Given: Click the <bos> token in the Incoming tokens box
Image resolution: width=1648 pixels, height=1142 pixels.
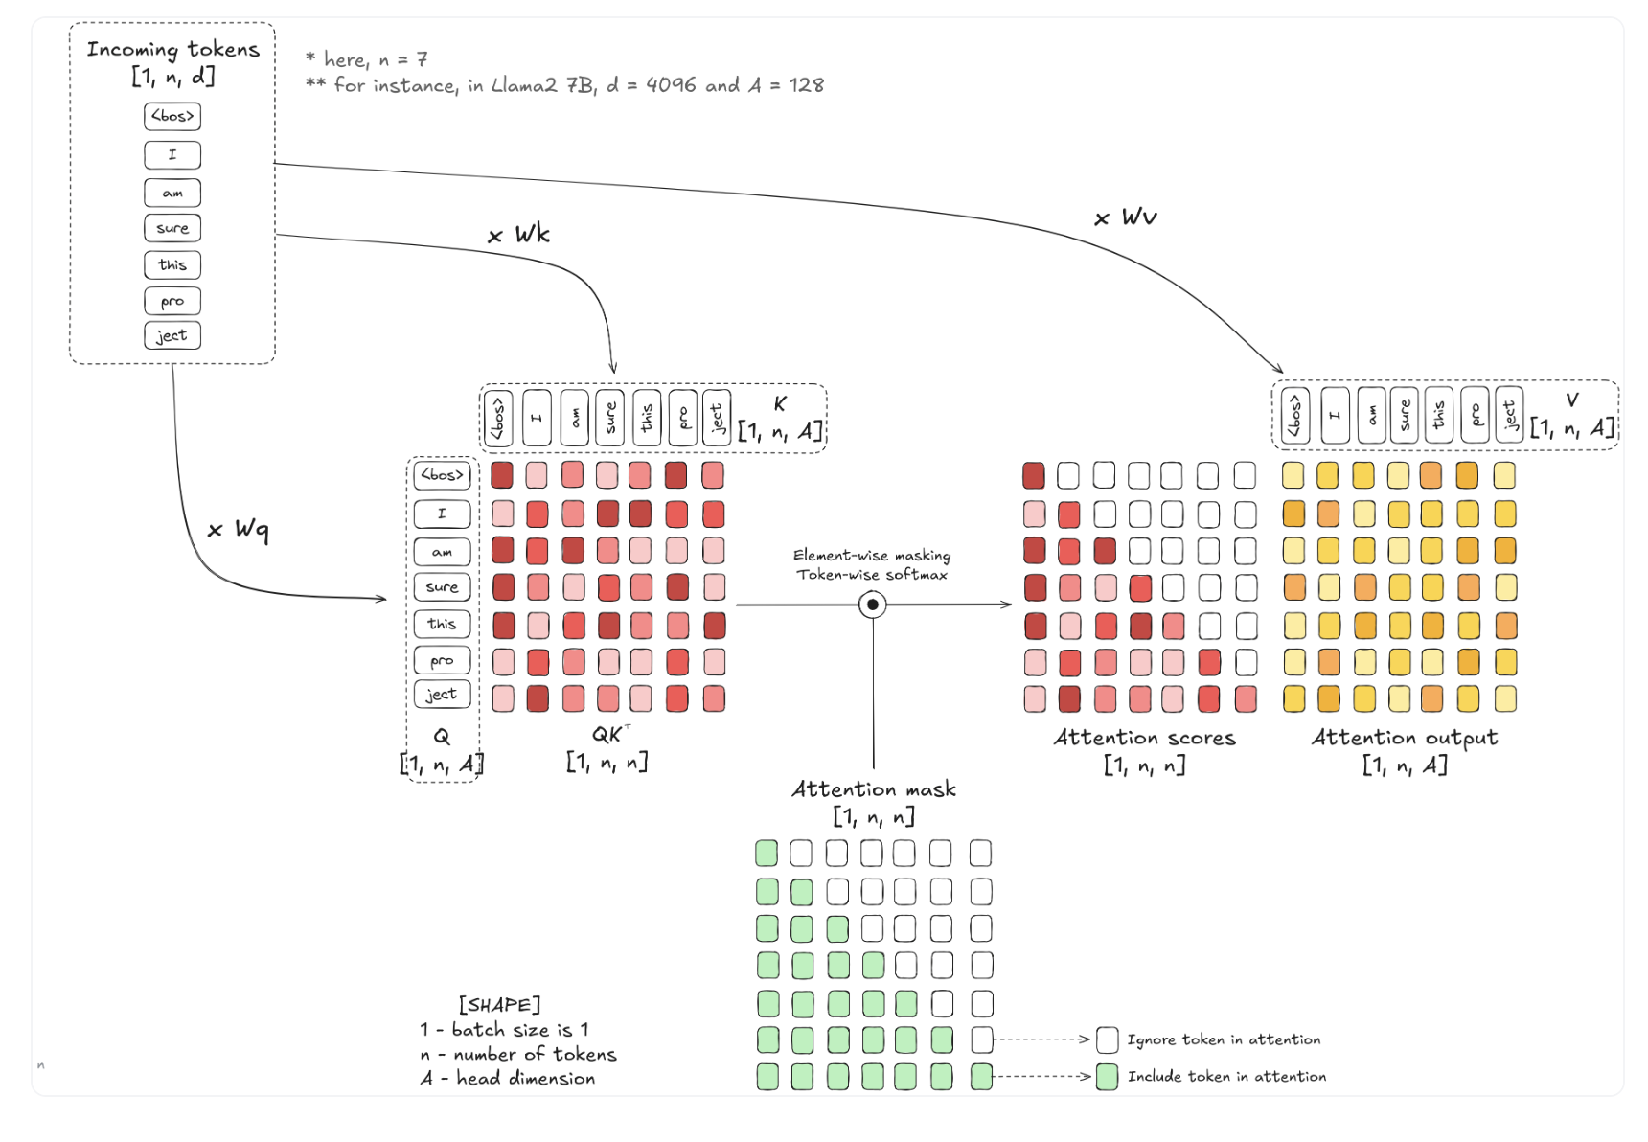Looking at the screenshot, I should [x=172, y=116].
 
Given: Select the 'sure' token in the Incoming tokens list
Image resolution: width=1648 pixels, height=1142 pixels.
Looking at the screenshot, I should [x=172, y=228].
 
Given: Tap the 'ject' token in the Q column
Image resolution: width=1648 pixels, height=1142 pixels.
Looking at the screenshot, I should [x=442, y=695].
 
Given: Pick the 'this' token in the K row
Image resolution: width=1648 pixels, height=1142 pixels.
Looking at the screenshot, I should [x=647, y=418].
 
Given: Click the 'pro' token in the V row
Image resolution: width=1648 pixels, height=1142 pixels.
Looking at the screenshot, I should [x=1476, y=416].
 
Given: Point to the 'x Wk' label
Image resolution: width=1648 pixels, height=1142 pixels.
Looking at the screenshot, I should [x=518, y=234].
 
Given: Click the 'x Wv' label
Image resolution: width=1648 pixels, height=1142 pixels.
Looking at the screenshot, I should [x=1126, y=217].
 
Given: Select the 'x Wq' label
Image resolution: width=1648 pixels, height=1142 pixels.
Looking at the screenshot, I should [x=239, y=529].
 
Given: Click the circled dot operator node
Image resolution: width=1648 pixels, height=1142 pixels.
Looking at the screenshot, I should [x=872, y=605].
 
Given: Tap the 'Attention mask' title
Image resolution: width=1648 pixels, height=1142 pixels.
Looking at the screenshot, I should [x=874, y=789].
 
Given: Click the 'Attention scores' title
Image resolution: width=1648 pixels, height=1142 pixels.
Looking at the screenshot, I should [x=1145, y=738].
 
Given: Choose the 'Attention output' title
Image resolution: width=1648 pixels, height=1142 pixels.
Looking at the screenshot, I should [x=1405, y=738].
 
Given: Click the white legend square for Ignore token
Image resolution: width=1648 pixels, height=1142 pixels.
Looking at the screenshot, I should [x=1108, y=1039].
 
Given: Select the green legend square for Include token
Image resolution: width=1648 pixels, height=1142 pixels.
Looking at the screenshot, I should [x=1108, y=1077].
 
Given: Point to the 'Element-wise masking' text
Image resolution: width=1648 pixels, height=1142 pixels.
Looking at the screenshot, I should [x=872, y=556].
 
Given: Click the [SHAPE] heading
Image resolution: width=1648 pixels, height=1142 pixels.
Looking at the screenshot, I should [x=499, y=1005].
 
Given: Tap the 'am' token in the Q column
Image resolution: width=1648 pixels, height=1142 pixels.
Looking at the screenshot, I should [x=442, y=552].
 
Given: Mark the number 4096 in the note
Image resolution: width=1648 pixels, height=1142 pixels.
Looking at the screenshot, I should [x=671, y=84].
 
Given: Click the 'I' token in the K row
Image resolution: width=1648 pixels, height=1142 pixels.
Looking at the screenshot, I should [x=537, y=418].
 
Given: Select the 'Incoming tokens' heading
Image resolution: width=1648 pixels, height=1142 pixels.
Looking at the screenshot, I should [x=173, y=49].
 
